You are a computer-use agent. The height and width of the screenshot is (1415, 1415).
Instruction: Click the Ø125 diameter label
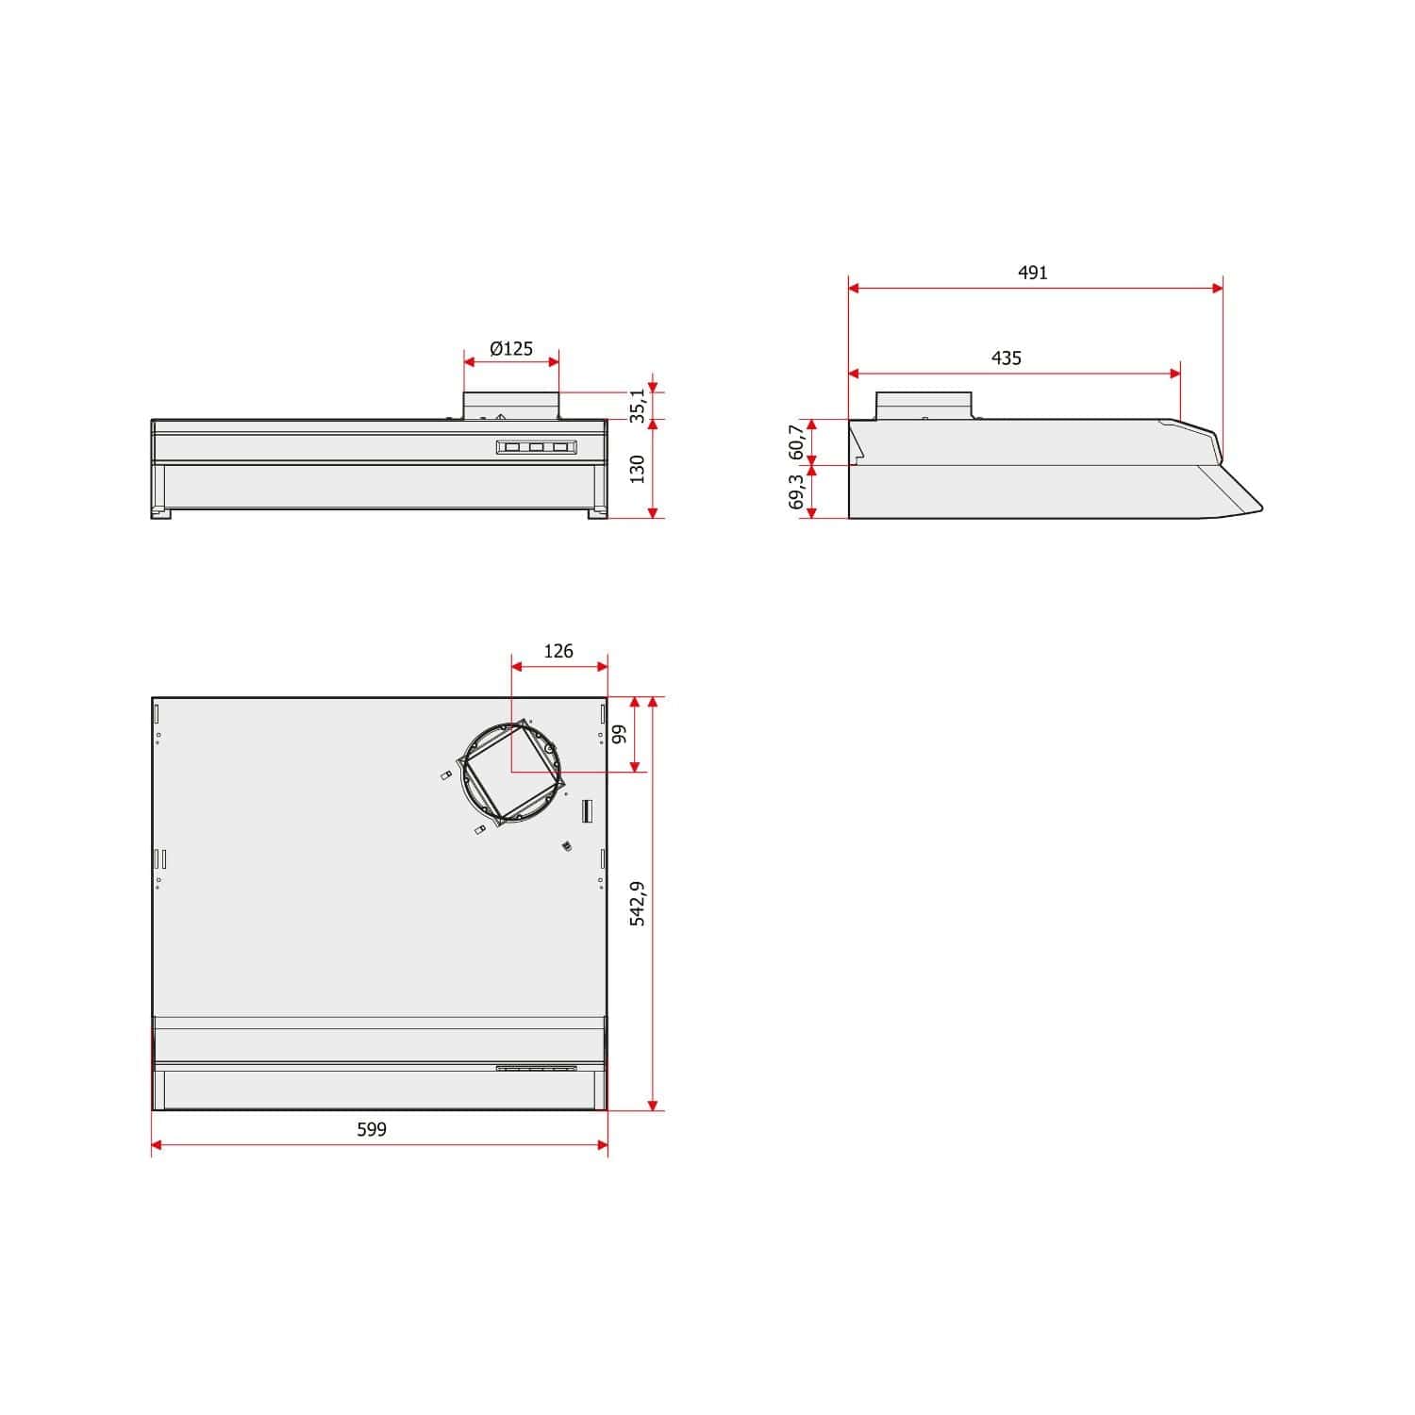pos(511,349)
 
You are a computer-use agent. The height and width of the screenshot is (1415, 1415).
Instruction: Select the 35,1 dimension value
pos(639,405)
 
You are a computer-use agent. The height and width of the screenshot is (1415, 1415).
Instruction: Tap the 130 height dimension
pos(638,469)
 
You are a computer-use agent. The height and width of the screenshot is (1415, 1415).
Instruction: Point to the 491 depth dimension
pos(1033,273)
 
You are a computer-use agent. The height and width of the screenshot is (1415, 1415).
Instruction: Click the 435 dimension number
pos(1007,358)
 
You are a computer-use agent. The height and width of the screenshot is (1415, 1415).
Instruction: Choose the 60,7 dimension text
pos(797,442)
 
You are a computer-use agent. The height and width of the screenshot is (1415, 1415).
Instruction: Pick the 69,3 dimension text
pos(797,491)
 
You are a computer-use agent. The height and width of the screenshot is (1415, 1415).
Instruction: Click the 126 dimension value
pos(558,651)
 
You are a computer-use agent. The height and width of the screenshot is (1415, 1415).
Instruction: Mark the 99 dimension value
pos(620,734)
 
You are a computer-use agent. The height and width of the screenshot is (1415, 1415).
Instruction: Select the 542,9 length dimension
pos(638,904)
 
